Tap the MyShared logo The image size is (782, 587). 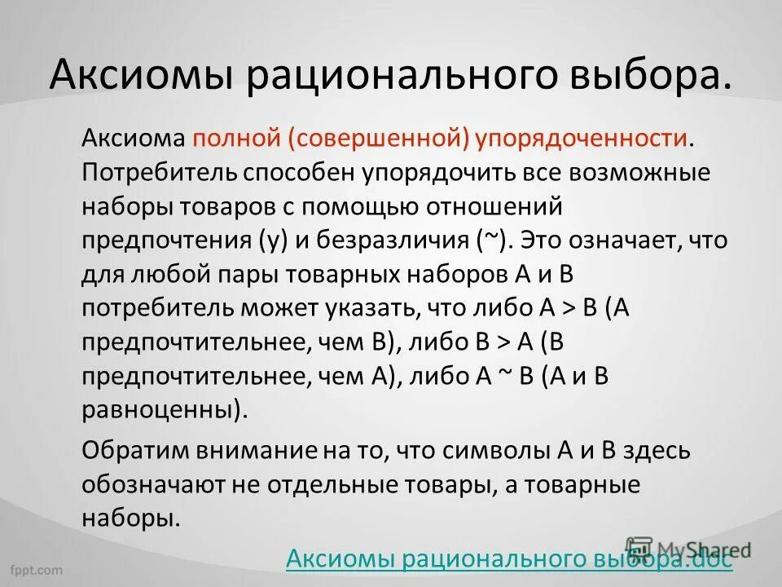(686, 549)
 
